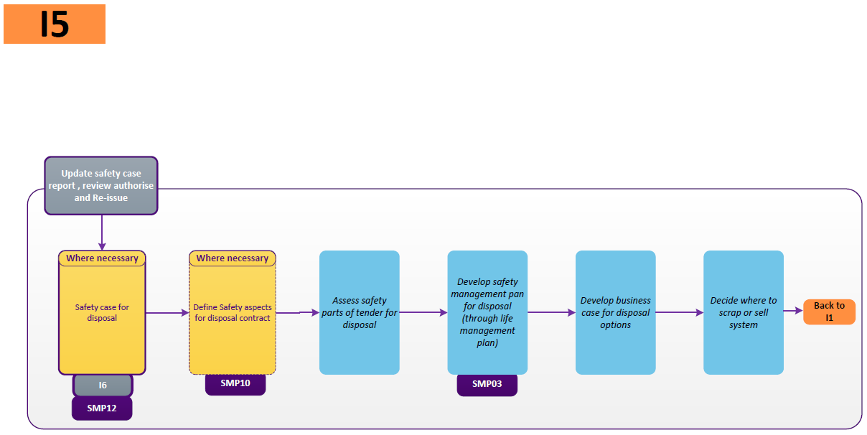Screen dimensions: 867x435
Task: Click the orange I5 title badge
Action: tap(55, 24)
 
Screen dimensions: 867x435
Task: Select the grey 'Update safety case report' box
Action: tap(101, 186)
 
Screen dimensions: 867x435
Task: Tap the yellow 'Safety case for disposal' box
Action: tap(102, 313)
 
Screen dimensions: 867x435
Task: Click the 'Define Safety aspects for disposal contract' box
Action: tap(233, 313)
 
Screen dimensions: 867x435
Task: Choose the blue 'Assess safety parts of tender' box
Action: tap(359, 312)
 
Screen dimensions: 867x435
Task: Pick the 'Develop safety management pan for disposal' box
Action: tap(487, 312)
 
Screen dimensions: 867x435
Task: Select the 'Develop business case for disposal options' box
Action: tap(615, 312)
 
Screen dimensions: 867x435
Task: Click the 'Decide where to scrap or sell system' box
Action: tap(744, 312)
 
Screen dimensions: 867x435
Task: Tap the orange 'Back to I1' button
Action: tap(829, 312)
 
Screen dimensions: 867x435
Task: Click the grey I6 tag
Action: tap(103, 385)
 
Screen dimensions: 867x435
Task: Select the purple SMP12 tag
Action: tap(102, 408)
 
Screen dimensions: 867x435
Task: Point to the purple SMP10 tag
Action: tap(235, 383)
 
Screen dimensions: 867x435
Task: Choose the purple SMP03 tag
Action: tap(487, 384)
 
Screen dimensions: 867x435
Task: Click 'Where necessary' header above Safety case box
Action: tap(102, 258)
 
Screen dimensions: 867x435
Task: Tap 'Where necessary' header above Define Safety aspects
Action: tap(233, 258)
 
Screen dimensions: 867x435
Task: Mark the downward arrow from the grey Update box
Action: tap(102, 233)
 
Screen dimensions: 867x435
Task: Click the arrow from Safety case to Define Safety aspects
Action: tap(167, 313)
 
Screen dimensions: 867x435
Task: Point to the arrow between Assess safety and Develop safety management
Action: tap(423, 312)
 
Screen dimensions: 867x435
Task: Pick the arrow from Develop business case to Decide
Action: tap(680, 312)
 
